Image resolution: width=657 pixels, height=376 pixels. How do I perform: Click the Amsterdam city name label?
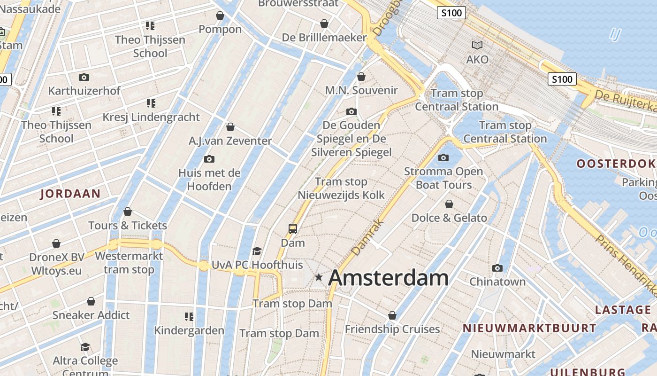pyautogui.click(x=388, y=278)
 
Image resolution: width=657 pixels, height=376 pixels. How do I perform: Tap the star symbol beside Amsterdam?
pyautogui.click(x=319, y=277)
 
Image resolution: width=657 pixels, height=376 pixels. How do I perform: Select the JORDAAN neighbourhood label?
pyautogui.click(x=70, y=194)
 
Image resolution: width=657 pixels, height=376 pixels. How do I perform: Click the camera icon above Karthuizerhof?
pyautogui.click(x=84, y=77)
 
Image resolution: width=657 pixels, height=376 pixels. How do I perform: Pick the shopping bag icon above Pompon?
pyautogui.click(x=220, y=16)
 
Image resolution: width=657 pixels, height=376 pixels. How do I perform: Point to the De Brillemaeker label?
pyautogui.click(x=324, y=37)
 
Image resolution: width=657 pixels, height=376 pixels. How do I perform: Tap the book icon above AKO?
pyautogui.click(x=477, y=46)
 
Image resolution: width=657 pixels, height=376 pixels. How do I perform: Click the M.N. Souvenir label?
pyautogui.click(x=361, y=90)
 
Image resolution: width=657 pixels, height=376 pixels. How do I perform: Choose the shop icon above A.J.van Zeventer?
pyautogui.click(x=230, y=127)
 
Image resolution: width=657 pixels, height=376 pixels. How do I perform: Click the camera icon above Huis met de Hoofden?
pyautogui.click(x=209, y=159)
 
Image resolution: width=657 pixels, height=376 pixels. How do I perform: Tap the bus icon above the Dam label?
pyautogui.click(x=293, y=229)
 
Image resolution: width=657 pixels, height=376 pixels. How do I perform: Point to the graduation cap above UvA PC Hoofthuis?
pyautogui.click(x=257, y=251)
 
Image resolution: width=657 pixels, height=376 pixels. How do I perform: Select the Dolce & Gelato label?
pyautogui.click(x=449, y=218)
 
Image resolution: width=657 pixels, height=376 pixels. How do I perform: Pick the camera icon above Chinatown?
pyautogui.click(x=497, y=268)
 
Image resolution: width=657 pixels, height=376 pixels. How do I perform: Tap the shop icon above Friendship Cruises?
pyautogui.click(x=392, y=315)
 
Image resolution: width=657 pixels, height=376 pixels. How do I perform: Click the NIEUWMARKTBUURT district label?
pyautogui.click(x=529, y=329)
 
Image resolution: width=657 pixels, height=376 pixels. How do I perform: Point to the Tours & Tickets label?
pyautogui.click(x=128, y=226)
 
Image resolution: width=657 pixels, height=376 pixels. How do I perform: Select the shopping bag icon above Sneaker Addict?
pyautogui.click(x=91, y=301)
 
